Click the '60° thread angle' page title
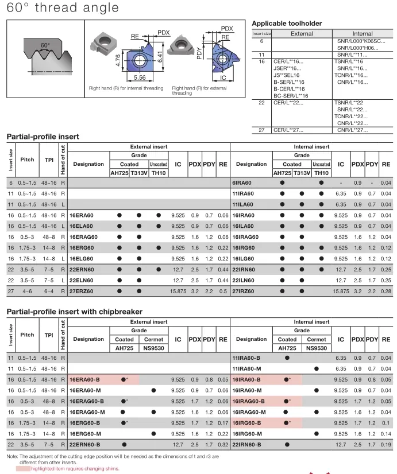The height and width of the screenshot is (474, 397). click(x=63, y=8)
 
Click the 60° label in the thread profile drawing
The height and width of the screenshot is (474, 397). click(x=45, y=45)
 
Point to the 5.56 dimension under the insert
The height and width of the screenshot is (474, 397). click(x=139, y=77)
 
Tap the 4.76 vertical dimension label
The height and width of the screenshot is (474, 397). click(x=118, y=60)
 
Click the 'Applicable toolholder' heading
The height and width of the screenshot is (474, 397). click(x=287, y=24)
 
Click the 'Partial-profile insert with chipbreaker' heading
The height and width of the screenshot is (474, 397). click(x=74, y=311)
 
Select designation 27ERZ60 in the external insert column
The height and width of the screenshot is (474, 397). click(x=84, y=291)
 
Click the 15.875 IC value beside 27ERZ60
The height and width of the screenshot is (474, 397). click(x=179, y=291)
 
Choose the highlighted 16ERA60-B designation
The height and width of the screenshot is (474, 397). click(x=86, y=379)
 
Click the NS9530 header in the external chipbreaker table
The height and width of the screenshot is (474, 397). click(x=153, y=348)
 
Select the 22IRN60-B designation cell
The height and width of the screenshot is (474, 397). click(x=246, y=444)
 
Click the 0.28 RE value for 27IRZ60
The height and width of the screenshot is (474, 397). click(x=386, y=291)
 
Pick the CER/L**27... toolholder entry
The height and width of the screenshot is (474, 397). click(x=288, y=130)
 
